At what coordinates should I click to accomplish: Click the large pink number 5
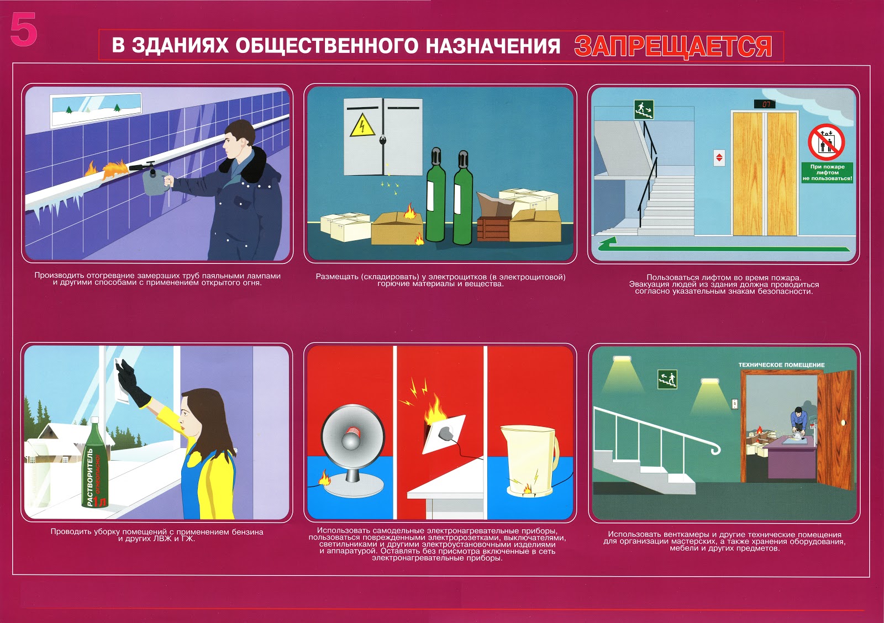pos(24,29)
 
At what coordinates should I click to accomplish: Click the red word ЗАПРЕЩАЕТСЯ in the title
pos(673,46)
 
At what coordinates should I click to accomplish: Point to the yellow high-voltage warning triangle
pos(362,125)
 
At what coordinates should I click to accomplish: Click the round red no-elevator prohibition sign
pos(826,142)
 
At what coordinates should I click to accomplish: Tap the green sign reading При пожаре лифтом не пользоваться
pos(827,173)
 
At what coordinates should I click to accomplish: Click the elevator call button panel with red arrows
pos(719,158)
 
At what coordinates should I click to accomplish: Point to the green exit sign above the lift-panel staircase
pos(644,109)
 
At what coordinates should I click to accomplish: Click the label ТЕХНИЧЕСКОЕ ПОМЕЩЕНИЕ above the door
pos(781,365)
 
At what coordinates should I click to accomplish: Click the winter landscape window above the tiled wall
pos(96,110)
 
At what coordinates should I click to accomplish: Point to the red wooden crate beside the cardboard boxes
pos(493,229)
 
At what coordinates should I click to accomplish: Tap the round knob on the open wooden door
pos(843,423)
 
